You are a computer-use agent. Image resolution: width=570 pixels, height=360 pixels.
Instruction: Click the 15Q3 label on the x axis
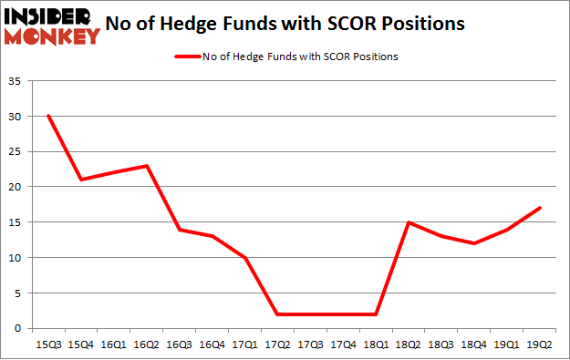point(48,345)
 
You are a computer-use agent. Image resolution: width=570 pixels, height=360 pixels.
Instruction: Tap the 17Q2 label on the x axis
point(277,345)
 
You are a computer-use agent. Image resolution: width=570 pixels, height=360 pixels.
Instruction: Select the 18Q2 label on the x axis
point(409,345)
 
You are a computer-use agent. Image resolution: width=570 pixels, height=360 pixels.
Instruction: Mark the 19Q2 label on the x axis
point(541,345)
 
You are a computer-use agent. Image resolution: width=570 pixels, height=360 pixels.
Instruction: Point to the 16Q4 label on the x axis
point(212,345)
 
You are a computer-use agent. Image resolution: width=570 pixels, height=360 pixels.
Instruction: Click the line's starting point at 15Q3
point(48,116)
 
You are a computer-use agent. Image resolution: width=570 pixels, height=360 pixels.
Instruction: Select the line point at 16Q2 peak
point(147,166)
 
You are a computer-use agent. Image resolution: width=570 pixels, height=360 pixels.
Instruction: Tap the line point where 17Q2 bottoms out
point(277,314)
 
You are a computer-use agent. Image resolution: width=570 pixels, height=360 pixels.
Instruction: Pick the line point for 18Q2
point(409,222)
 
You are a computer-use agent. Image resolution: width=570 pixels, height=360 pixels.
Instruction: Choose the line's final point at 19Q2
point(541,208)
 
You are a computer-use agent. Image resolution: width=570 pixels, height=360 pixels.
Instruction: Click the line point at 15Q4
point(81,180)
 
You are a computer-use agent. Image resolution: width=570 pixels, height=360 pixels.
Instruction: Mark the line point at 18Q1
point(377,314)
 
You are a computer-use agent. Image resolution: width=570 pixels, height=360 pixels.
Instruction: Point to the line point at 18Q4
point(475,243)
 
